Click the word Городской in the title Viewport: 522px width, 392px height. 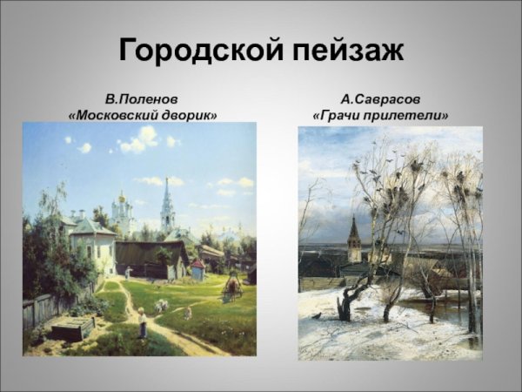point(199,51)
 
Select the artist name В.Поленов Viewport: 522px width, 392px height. point(142,99)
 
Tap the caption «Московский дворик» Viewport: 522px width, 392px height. point(142,115)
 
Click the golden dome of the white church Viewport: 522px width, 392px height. point(122,199)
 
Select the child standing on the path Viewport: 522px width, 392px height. point(143,323)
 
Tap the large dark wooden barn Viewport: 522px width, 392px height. point(152,259)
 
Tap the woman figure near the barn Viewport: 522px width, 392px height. point(128,272)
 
